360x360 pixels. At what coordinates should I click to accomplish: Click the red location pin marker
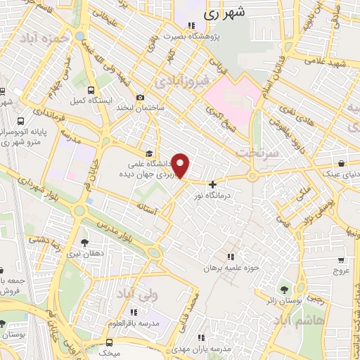(181, 166)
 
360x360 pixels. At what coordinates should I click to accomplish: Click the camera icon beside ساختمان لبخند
(141, 97)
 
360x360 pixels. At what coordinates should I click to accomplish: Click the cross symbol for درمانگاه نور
(213, 185)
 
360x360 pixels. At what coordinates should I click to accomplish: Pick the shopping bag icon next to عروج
(340, 259)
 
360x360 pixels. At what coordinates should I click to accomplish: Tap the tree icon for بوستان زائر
(285, 289)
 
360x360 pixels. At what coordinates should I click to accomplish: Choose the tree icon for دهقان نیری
(85, 243)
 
